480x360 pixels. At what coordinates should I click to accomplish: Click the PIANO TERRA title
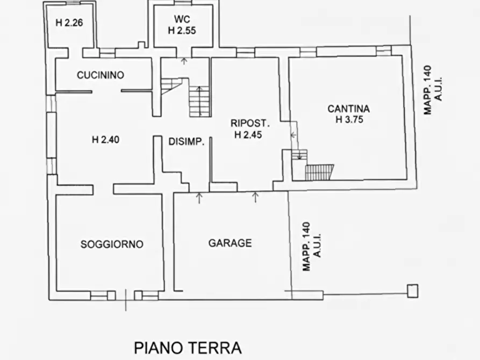tap(188, 347)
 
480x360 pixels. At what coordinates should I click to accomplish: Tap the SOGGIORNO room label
tap(112, 244)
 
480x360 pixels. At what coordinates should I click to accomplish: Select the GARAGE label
tap(230, 243)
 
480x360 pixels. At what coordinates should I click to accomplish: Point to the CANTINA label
tap(349, 109)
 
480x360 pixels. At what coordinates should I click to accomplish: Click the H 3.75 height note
tap(349, 120)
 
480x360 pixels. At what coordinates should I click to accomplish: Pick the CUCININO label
tap(101, 75)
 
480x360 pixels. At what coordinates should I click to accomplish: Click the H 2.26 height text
tap(69, 23)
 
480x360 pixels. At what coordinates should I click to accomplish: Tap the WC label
tap(182, 20)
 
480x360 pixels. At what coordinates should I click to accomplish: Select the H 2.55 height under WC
tap(182, 31)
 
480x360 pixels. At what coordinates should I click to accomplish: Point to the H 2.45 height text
tap(248, 135)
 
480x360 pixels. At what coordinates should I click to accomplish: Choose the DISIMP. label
tap(185, 142)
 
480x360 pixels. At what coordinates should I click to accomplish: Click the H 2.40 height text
tap(105, 140)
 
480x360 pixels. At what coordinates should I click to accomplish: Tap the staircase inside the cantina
tap(319, 172)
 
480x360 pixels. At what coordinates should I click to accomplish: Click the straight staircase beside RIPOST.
tap(199, 101)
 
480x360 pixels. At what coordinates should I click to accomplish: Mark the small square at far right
tap(412, 291)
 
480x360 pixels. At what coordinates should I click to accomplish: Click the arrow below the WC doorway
tap(184, 61)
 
